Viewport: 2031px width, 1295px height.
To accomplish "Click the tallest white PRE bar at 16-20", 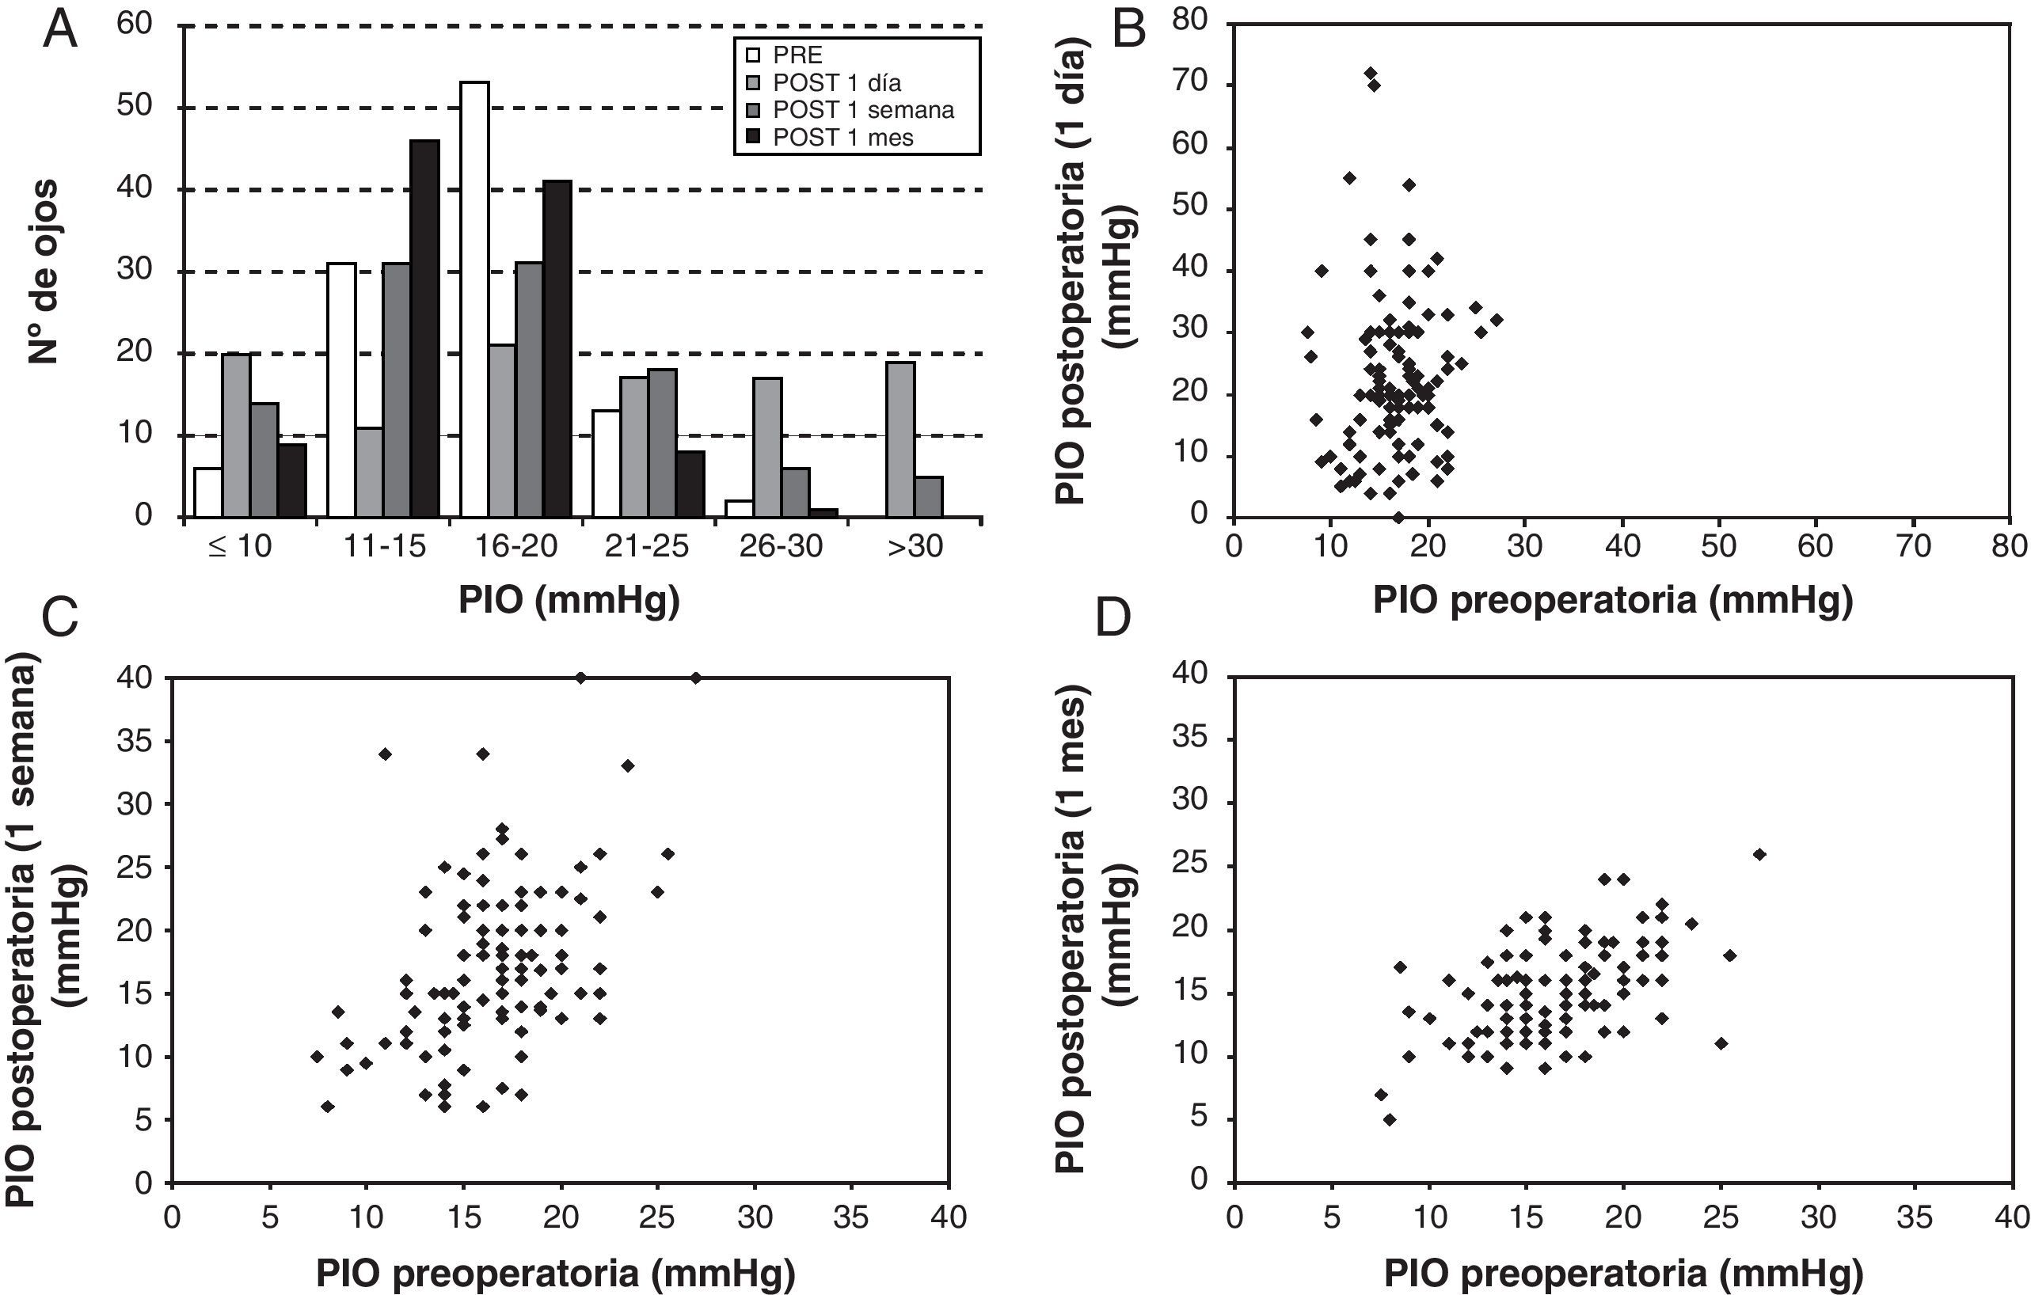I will [474, 299].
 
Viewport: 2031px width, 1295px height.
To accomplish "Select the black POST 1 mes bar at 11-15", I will [425, 328].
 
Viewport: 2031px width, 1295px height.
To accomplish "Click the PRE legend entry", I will [797, 55].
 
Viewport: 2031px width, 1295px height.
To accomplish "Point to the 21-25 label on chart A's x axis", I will [647, 547].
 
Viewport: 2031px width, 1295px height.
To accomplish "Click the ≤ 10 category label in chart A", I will [240, 547].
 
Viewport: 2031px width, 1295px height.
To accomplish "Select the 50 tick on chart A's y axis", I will [135, 106].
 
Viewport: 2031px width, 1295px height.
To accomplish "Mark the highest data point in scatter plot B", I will [1371, 73].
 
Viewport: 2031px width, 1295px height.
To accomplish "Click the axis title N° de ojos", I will [44, 272].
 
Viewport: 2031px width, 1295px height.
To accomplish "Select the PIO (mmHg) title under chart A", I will [569, 601].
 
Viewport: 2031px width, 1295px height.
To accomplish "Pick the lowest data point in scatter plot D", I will [1389, 1119].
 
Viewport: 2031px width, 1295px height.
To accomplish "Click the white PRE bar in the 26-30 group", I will [740, 508].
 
